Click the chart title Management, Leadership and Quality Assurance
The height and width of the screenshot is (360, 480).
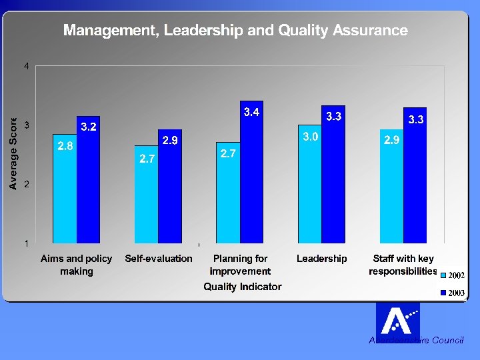coord(235,30)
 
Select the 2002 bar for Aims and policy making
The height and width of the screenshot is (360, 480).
coord(65,193)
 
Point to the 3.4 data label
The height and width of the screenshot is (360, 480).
coord(251,112)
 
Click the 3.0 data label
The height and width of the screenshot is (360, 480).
coord(310,137)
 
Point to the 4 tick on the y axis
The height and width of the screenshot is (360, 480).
coord(26,66)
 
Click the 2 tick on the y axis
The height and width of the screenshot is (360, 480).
coord(26,184)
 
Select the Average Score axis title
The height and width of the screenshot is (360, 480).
coord(13,153)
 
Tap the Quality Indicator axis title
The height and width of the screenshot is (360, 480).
coord(243,287)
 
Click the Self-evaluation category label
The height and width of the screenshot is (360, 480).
coord(159,259)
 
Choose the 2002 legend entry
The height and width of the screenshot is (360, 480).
coord(451,275)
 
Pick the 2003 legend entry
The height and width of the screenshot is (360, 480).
coord(451,293)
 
